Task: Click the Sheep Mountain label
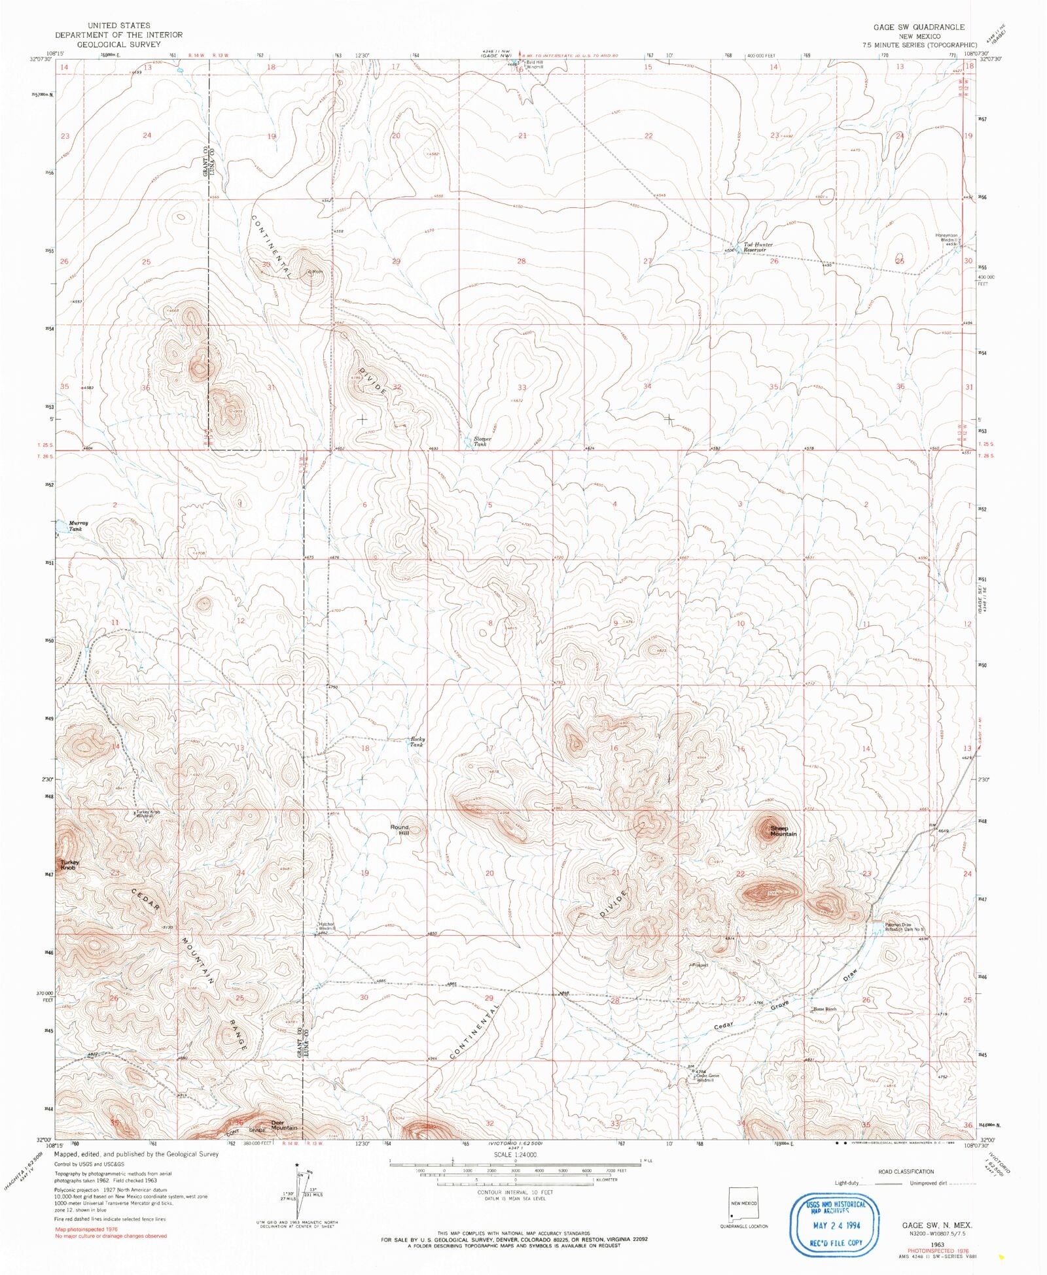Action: click(783, 831)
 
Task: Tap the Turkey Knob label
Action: click(69, 865)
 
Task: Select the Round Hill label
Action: click(399, 830)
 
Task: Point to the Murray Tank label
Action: click(77, 526)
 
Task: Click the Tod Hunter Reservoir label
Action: click(758, 247)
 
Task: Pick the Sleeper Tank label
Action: click(482, 441)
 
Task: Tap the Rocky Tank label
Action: click(417, 741)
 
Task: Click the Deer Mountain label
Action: click(284, 1125)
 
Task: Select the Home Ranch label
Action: click(825, 1009)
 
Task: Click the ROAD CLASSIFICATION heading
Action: click(906, 1171)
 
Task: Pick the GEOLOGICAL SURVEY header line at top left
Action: click(118, 44)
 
